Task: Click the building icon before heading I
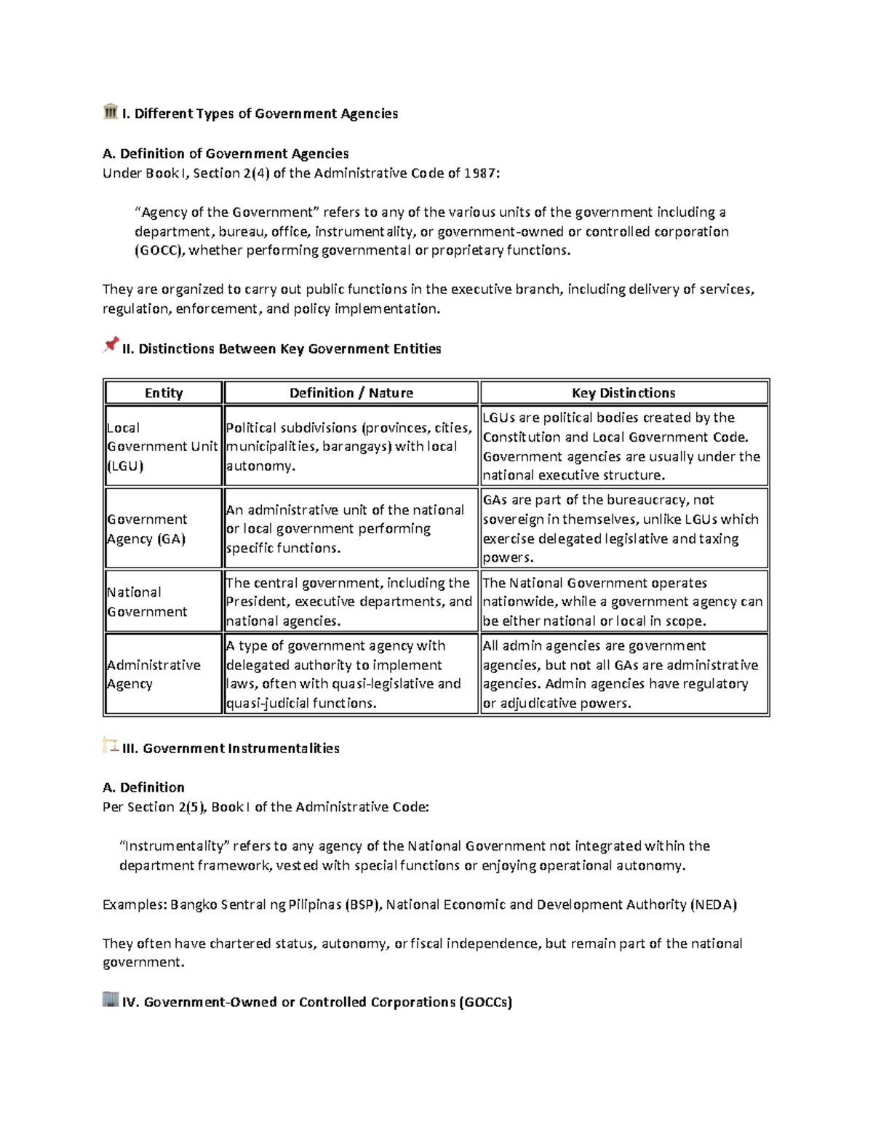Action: (x=111, y=111)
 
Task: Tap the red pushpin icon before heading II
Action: (x=111, y=345)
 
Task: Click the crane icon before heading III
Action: (x=111, y=745)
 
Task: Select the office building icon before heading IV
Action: (x=111, y=999)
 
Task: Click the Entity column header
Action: (x=164, y=393)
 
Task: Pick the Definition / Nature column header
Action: (x=351, y=393)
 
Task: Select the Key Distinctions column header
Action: (x=623, y=393)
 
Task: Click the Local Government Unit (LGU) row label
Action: (x=162, y=447)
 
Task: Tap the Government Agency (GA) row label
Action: (x=148, y=529)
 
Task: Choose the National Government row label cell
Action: (x=147, y=602)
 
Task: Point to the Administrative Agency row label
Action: (x=154, y=675)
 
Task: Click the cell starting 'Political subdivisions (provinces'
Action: (x=349, y=447)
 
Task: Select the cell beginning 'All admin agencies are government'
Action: (x=622, y=675)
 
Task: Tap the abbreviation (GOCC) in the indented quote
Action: (x=160, y=251)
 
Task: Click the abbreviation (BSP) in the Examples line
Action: (x=362, y=905)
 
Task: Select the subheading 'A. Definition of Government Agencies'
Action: (x=226, y=154)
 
